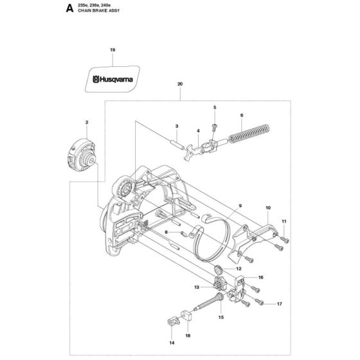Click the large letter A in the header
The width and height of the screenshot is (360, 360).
tap(69, 8)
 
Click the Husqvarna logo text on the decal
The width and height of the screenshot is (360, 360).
tap(113, 80)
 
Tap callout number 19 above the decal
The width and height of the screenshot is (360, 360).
tap(113, 50)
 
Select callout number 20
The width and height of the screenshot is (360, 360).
tap(180, 84)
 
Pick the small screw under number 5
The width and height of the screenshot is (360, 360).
tap(215, 127)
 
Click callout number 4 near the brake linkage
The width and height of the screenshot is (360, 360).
tap(198, 131)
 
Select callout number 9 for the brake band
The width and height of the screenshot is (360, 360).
tap(240, 206)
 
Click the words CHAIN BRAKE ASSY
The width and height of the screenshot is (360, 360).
tap(99, 10)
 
